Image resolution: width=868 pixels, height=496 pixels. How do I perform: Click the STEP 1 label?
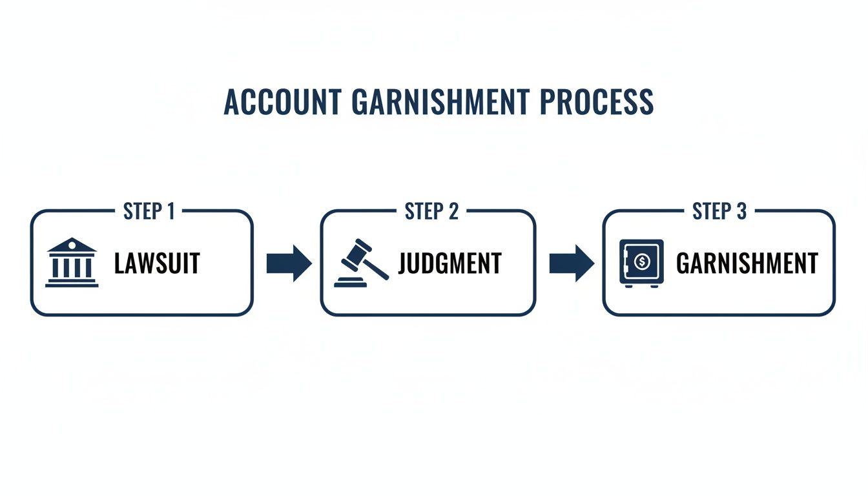pyautogui.click(x=149, y=211)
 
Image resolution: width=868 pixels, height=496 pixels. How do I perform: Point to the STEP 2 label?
pyautogui.click(x=431, y=211)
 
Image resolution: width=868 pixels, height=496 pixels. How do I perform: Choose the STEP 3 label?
pyautogui.click(x=719, y=211)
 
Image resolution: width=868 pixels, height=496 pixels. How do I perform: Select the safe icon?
pyautogui.click(x=641, y=262)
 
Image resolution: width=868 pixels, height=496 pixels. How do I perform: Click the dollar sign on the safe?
pyautogui.click(x=642, y=262)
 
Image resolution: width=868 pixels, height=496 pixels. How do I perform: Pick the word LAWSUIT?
pyautogui.click(x=157, y=263)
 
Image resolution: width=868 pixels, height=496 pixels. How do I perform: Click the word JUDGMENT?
pyautogui.click(x=449, y=263)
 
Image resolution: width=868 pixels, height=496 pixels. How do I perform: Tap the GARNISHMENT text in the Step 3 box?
pyautogui.click(x=747, y=263)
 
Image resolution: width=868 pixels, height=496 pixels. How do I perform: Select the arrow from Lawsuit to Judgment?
pyautogui.click(x=289, y=263)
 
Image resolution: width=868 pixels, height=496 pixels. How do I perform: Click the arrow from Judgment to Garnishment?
pyautogui.click(x=571, y=263)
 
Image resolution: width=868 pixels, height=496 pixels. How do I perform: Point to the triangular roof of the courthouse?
pyautogui.click(x=72, y=245)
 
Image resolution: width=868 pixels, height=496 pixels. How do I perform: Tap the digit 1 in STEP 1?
pyautogui.click(x=170, y=211)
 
